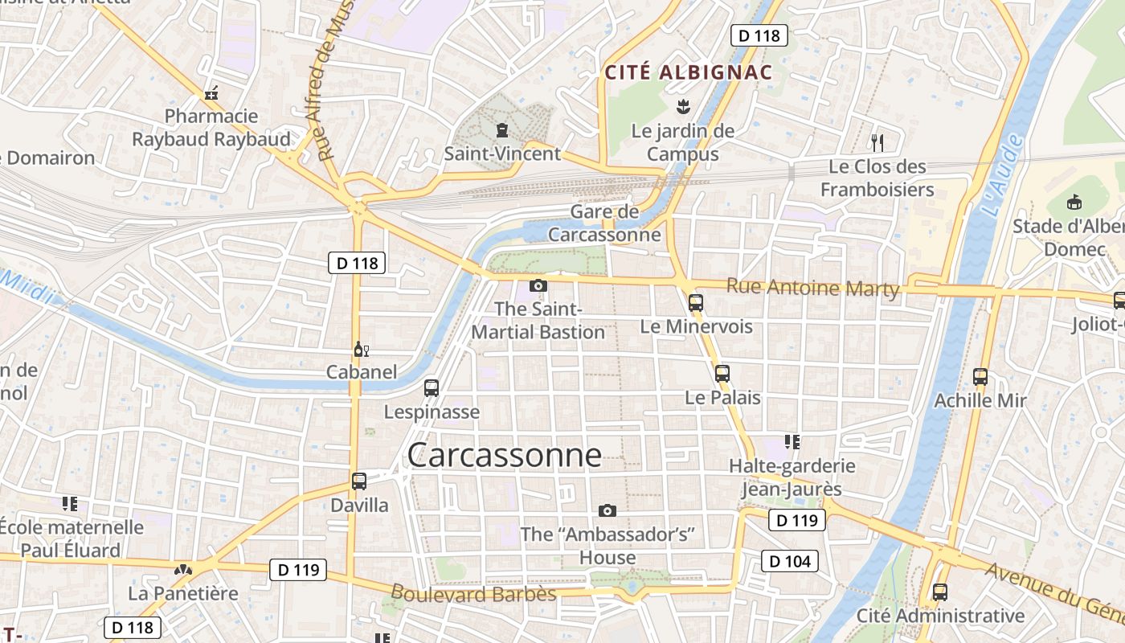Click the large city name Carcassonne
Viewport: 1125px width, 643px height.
click(x=504, y=455)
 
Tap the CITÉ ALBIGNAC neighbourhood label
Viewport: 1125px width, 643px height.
click(x=688, y=72)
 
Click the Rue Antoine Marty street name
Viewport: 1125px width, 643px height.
click(x=812, y=287)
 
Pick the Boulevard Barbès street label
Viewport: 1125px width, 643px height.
click(x=473, y=593)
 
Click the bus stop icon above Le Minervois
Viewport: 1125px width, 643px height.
click(x=696, y=303)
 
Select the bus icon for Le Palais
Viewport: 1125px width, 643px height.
click(x=722, y=374)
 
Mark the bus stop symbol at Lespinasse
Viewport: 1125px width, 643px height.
click(x=432, y=388)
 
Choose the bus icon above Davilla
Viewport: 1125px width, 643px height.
click(x=359, y=481)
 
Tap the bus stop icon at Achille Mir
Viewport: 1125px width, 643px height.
click(x=980, y=376)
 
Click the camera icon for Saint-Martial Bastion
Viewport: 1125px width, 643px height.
click(x=538, y=285)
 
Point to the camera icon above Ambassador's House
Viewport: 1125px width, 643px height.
click(x=607, y=510)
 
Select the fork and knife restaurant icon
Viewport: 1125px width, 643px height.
click(x=877, y=143)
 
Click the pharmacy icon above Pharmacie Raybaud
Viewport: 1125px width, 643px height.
click(x=211, y=93)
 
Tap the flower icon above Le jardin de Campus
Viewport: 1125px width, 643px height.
click(x=683, y=106)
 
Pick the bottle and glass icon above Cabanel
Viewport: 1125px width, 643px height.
click(x=361, y=349)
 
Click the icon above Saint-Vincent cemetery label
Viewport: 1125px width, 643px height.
click(x=502, y=130)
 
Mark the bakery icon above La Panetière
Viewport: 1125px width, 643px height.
click(x=183, y=570)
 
